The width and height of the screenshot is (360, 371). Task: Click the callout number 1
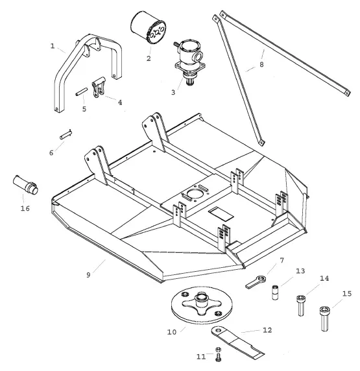(53, 46)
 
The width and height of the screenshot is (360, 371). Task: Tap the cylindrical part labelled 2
(149, 28)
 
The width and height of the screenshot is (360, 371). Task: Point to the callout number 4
(120, 102)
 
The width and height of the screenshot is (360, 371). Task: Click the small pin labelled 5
(82, 92)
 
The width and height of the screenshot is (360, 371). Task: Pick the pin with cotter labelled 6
(66, 134)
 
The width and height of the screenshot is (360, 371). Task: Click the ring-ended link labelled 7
(256, 281)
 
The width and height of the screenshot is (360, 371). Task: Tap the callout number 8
(261, 64)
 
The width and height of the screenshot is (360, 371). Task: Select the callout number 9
(88, 275)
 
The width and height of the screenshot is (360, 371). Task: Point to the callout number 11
(201, 357)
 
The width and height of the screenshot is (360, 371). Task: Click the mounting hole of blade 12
(218, 330)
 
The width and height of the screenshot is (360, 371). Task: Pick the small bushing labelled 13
(275, 293)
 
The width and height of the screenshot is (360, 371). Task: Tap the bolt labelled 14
(301, 305)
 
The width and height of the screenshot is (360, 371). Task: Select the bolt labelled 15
(324, 318)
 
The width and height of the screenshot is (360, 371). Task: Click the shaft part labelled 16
(25, 185)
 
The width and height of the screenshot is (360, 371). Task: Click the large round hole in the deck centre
(195, 193)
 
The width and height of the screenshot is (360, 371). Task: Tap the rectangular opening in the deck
(221, 214)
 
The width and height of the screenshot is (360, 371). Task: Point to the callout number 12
(267, 330)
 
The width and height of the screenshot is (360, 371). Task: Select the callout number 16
(25, 208)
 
